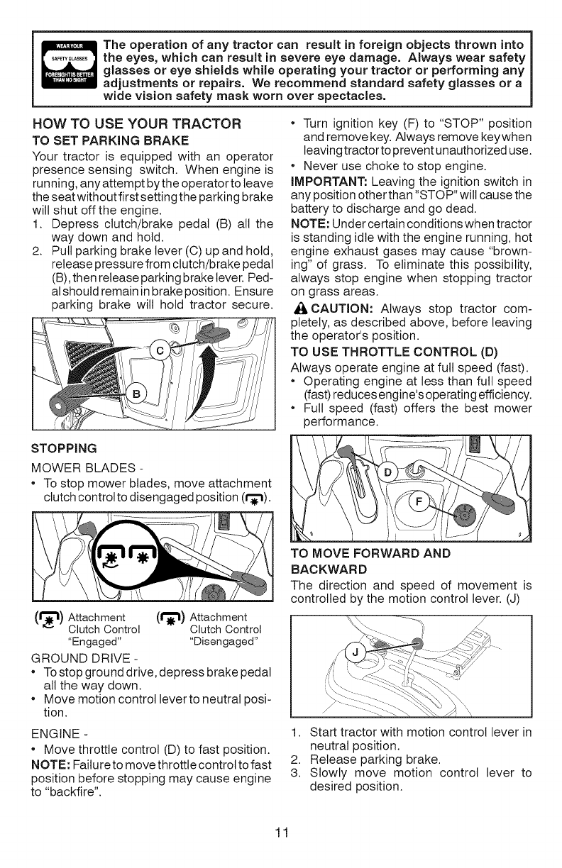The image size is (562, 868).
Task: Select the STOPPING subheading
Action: click(x=62, y=448)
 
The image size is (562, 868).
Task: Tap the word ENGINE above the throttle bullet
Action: click(x=54, y=722)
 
